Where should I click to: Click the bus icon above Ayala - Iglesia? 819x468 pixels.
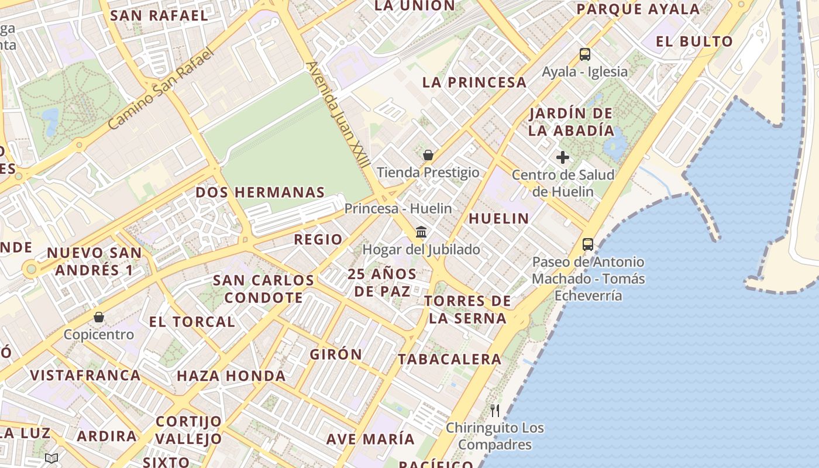coord(584,54)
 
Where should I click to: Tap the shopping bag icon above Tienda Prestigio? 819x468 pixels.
coord(428,155)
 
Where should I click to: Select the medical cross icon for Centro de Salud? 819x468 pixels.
coord(563,157)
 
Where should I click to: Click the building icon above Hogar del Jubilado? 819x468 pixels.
coord(421,232)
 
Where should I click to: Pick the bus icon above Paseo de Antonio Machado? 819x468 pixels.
coord(588,245)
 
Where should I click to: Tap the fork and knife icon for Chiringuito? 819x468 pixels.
coord(495,410)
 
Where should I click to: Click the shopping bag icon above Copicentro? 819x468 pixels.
coord(99,317)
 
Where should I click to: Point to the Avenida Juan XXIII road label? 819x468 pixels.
coord(338,114)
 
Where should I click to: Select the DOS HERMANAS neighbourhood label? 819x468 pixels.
coord(260,192)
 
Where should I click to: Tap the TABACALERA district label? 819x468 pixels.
coord(450,359)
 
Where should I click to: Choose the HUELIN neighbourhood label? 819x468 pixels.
coord(499,219)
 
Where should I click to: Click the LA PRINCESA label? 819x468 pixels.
coord(474,82)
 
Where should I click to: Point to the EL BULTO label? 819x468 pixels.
coord(694,42)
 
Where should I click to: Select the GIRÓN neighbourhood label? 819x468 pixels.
coord(336,355)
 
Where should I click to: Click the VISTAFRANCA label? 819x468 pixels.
coord(85,376)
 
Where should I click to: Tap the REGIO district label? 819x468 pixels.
coord(318,239)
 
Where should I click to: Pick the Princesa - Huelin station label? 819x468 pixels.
coord(398,208)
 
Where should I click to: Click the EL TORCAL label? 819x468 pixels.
coord(192,322)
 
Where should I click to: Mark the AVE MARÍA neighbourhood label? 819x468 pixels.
coord(370,439)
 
